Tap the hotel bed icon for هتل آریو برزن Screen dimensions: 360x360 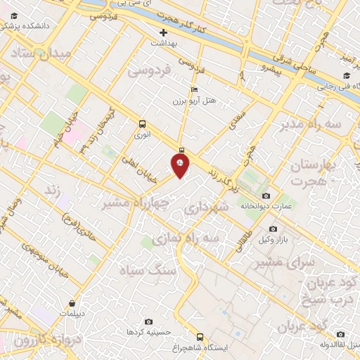pos(195,89)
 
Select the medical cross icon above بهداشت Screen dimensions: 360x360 pos(164,32)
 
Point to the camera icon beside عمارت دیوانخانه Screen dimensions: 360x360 pos(265,195)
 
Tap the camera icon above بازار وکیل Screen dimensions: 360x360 pos(274,229)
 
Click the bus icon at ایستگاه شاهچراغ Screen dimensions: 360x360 pos(200,337)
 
